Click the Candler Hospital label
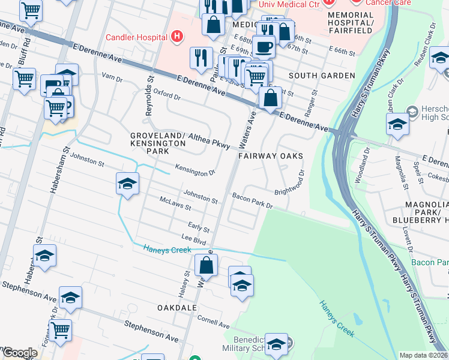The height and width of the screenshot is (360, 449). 136,37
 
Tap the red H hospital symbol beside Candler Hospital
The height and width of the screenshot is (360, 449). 176,37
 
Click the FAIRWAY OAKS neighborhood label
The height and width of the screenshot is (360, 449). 270,156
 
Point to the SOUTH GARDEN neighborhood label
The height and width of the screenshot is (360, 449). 321,76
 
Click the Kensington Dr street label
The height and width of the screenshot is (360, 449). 195,170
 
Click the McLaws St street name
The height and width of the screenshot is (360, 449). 175,204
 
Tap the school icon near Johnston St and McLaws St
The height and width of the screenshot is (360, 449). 127,184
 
